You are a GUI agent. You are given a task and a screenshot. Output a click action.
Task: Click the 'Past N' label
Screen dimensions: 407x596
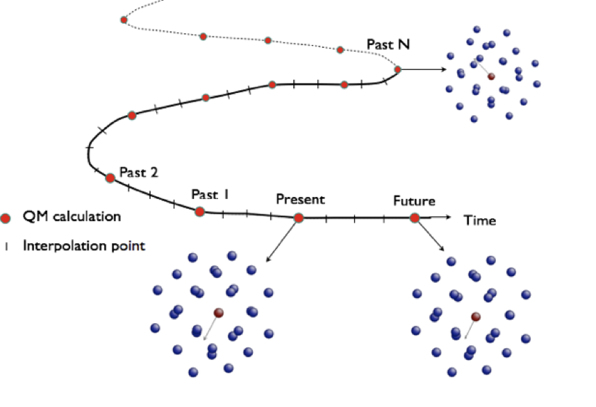(x=388, y=45)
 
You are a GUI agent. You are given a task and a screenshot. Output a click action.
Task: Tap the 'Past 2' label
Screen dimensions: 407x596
(x=139, y=172)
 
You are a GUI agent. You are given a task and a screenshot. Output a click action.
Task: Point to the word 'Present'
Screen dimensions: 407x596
(x=300, y=200)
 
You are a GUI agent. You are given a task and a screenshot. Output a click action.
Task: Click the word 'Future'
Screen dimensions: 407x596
(x=414, y=201)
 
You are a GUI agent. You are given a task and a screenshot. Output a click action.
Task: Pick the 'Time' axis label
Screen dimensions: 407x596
(x=480, y=220)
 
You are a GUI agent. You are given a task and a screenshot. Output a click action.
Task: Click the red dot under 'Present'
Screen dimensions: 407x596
(x=299, y=218)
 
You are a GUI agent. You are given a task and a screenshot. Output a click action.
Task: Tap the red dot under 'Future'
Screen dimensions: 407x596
(x=415, y=218)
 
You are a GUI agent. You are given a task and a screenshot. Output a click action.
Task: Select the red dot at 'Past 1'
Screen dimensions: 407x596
(x=199, y=211)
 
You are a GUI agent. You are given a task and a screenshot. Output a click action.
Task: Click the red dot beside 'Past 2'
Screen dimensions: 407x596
(x=110, y=178)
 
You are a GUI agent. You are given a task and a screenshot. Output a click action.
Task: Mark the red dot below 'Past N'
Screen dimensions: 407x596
(x=398, y=69)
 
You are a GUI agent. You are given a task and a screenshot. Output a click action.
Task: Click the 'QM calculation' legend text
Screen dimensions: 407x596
(x=72, y=216)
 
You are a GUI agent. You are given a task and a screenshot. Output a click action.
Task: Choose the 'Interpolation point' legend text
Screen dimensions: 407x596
(x=83, y=245)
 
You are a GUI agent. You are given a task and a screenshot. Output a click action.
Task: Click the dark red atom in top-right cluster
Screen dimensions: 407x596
(x=491, y=77)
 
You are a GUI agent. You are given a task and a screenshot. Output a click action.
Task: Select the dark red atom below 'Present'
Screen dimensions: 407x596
(x=218, y=313)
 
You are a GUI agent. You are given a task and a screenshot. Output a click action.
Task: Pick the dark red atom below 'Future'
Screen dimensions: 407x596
(x=476, y=317)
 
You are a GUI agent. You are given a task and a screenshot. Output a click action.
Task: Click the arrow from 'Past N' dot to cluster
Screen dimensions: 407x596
(x=424, y=69)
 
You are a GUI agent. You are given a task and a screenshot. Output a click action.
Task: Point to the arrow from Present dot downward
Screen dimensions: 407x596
(x=283, y=240)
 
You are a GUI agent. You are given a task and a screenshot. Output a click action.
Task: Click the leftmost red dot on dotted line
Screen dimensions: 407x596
(x=124, y=19)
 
